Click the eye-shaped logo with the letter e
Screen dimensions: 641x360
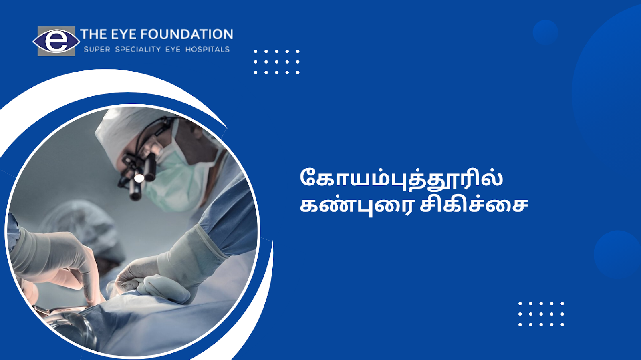tap(56, 41)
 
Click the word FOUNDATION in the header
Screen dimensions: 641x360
tap(187, 34)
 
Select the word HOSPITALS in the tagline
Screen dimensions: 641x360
tap(208, 50)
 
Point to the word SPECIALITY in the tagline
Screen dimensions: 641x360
tap(138, 50)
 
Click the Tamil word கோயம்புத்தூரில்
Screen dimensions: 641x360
tap(401, 178)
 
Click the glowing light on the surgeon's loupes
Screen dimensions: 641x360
tap(139, 178)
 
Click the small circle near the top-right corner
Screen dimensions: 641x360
tap(545, 32)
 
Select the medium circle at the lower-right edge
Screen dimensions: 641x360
tap(617, 255)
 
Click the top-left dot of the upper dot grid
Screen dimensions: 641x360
tap(256, 52)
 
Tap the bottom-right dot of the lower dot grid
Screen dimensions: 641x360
tap(562, 324)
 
